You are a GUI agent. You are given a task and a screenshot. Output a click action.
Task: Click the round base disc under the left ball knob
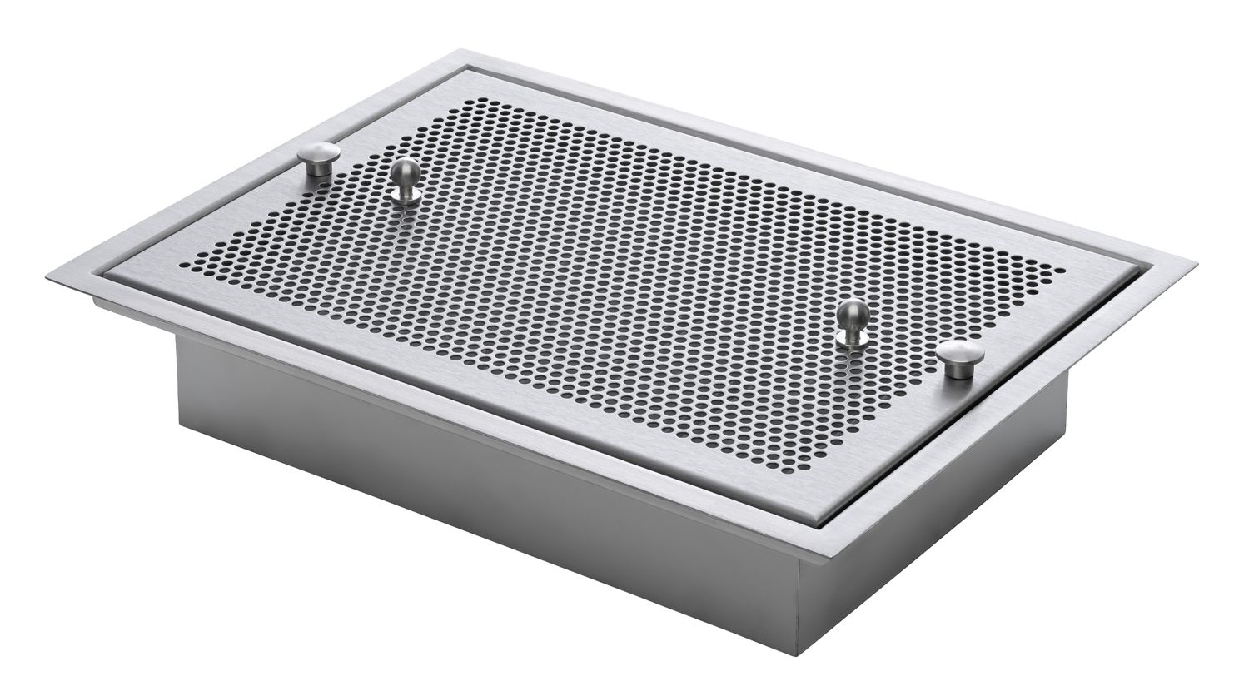click(406, 195)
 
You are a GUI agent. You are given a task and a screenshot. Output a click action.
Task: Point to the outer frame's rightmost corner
click(1197, 265)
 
